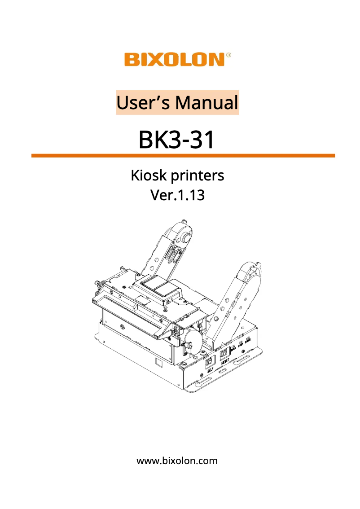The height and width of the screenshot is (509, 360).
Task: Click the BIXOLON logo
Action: pyautogui.click(x=174, y=60)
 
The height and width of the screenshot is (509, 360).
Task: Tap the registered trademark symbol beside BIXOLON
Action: pyautogui.click(x=228, y=55)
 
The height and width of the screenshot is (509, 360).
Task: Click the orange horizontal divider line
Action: pyautogui.click(x=183, y=156)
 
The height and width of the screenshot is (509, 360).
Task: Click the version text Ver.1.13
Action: pyautogui.click(x=177, y=195)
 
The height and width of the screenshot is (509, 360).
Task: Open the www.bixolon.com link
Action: pyautogui.click(x=177, y=461)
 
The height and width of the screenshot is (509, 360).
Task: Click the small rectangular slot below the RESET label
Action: pyautogui.click(x=221, y=372)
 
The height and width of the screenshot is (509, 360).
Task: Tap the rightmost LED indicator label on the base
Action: pyautogui.click(x=248, y=344)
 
